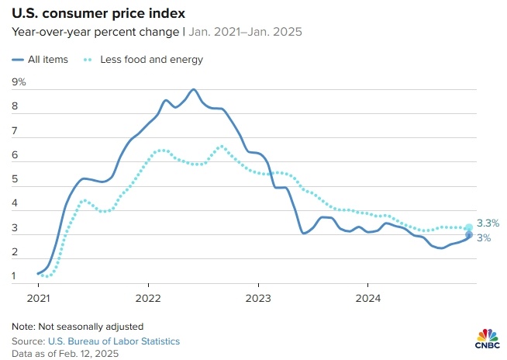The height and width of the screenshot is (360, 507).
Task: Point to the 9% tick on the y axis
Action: point(19,81)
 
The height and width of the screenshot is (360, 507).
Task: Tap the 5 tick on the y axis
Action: point(15,180)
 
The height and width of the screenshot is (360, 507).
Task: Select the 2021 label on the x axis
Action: point(38,299)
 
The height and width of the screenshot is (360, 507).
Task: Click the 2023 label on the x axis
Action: point(258,299)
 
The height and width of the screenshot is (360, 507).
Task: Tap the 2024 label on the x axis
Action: point(368,299)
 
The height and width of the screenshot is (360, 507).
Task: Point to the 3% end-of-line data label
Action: point(483,238)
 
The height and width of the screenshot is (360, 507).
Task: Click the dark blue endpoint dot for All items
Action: point(469,236)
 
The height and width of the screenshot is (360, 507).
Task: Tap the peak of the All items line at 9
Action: point(193,89)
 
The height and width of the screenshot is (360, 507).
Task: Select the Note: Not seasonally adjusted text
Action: point(78,326)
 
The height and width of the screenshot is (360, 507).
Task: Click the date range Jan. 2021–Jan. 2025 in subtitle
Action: point(246,33)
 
